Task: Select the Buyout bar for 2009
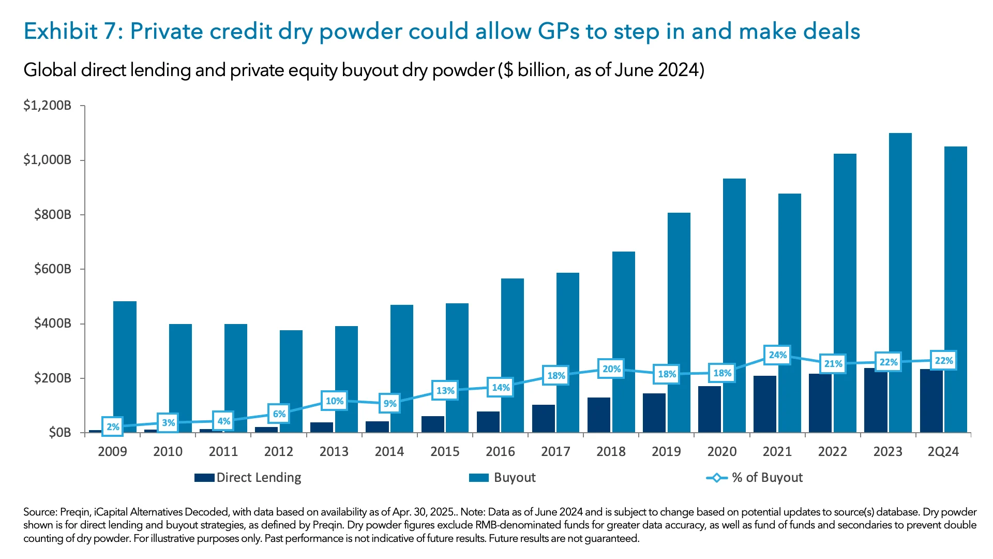(125, 362)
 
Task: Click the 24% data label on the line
(777, 355)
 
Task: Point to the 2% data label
(113, 427)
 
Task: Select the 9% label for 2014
(390, 403)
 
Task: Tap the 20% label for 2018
(611, 369)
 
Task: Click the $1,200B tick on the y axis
(47, 106)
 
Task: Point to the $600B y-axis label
(52, 269)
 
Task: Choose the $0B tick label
(59, 433)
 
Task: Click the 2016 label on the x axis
(500, 452)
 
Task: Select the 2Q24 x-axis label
(943, 452)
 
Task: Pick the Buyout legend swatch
(478, 478)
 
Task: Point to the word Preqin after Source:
(74, 512)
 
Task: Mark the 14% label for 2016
(501, 388)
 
